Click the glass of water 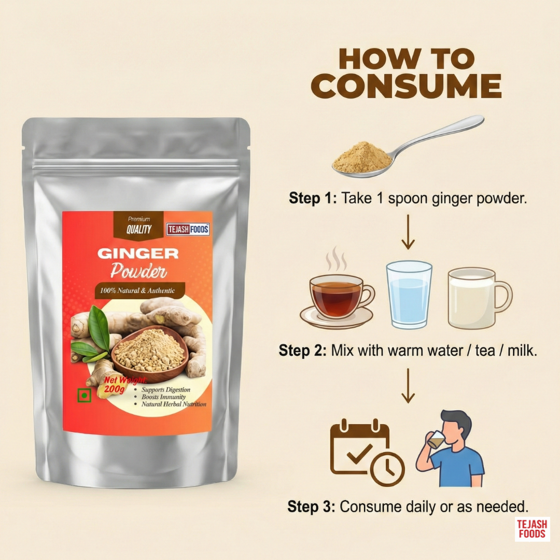pyautogui.click(x=409, y=295)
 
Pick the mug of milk pyautogui.click(x=479, y=298)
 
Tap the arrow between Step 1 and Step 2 pyautogui.click(x=408, y=232)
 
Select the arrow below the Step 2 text pyautogui.click(x=408, y=386)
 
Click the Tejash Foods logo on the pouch pyautogui.click(x=188, y=229)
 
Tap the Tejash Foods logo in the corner pyautogui.click(x=532, y=529)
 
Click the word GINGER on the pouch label pyautogui.click(x=138, y=254)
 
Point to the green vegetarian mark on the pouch pyautogui.click(x=85, y=395)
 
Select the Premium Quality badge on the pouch pyautogui.click(x=138, y=225)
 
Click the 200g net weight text pyautogui.click(x=114, y=388)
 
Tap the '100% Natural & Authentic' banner pyautogui.click(x=139, y=291)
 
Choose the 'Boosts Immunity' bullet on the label pyautogui.click(x=163, y=397)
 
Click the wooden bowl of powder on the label pyautogui.click(x=150, y=353)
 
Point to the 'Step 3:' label pyautogui.click(x=311, y=507)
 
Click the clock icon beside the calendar pyautogui.click(x=387, y=469)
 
